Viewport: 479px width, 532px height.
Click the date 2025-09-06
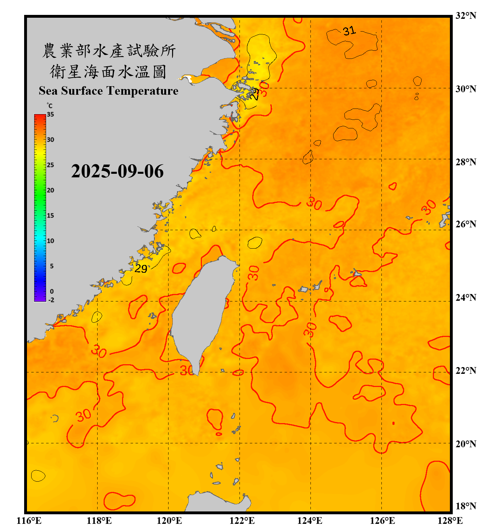[117, 171]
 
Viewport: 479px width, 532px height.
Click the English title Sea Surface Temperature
[109, 91]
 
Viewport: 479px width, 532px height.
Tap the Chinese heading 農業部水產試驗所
[109, 51]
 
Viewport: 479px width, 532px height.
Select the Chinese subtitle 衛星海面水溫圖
[109, 72]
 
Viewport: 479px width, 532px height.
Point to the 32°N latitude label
[466, 16]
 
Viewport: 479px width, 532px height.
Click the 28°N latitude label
[466, 162]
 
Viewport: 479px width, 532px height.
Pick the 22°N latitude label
[466, 371]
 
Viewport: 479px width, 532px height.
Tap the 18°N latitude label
[466, 506]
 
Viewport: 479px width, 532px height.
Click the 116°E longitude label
[29, 521]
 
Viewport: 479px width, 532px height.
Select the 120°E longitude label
[169, 521]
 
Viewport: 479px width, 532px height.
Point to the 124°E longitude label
[310, 521]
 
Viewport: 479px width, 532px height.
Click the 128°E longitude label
[450, 521]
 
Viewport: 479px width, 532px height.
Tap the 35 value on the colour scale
[50, 115]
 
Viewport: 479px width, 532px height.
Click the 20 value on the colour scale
[50, 190]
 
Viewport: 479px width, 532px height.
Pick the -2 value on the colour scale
[51, 300]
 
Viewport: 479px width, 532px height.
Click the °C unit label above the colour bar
[49, 106]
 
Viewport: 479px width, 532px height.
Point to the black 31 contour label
[349, 31]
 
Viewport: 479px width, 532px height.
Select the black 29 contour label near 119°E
[141, 269]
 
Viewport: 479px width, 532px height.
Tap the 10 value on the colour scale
[50, 241]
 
